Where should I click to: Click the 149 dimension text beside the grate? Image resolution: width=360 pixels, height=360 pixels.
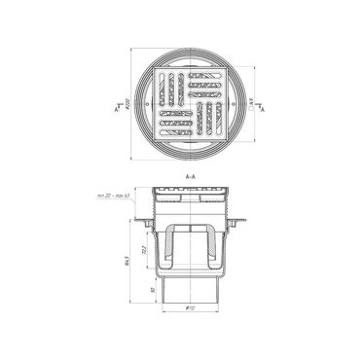coord(253,100)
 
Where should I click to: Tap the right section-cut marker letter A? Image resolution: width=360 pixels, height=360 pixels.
coord(261,112)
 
